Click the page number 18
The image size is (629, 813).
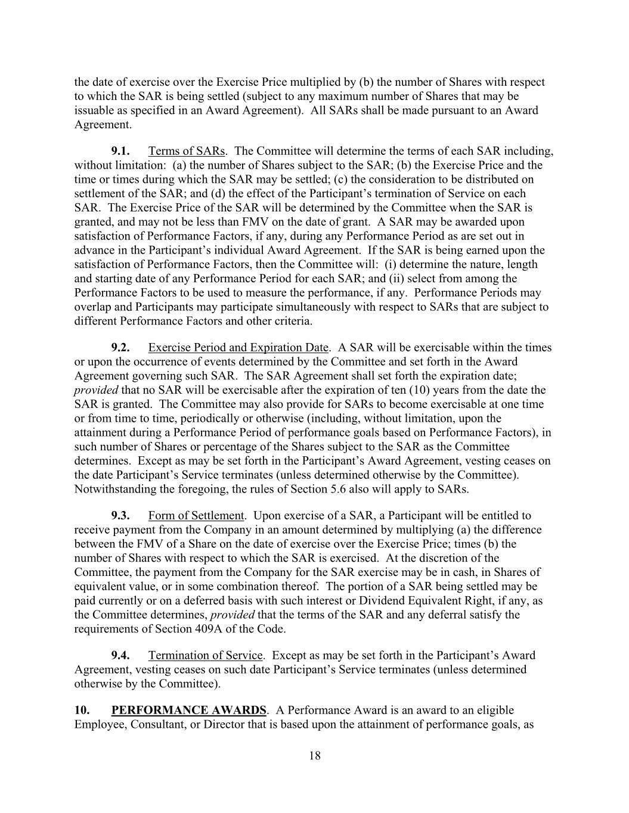[x=315, y=756]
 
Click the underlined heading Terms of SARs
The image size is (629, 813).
[x=187, y=151]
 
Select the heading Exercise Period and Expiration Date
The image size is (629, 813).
[x=238, y=348]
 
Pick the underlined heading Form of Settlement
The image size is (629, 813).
[x=196, y=516]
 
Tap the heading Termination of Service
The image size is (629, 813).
[x=205, y=656]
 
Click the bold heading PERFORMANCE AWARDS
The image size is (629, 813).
[x=188, y=711]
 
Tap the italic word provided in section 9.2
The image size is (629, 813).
[x=96, y=391]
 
